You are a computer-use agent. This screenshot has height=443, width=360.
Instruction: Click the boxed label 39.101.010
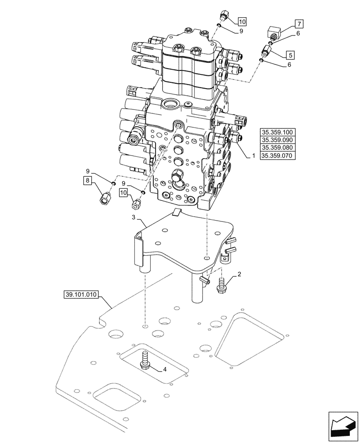pos(82,295)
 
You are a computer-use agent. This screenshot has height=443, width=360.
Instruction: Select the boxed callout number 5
pos(290,55)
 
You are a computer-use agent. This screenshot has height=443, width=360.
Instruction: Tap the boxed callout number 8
pos(87,180)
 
